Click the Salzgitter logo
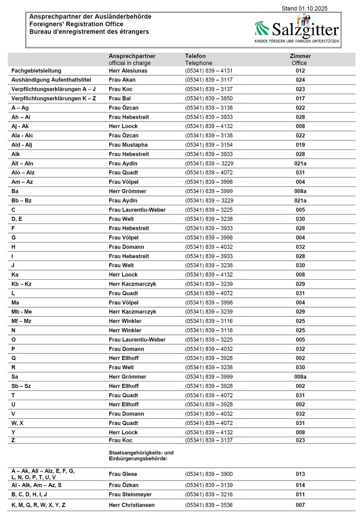(x=297, y=30)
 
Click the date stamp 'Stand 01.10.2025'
(x=304, y=8)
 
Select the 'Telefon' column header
(x=195, y=56)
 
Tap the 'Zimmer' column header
(x=300, y=56)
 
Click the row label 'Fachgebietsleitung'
(x=36, y=71)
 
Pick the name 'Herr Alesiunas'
(x=128, y=71)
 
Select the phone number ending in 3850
(x=209, y=98)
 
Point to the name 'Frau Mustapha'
(x=128, y=145)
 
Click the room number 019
(x=300, y=145)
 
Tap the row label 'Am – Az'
(x=22, y=182)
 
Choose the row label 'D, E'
(x=17, y=219)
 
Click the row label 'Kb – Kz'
(x=21, y=284)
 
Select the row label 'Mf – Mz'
(x=21, y=321)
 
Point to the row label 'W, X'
(x=18, y=423)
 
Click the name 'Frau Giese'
(x=123, y=474)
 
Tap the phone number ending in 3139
(x=209, y=485)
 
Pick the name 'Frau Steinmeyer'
(x=130, y=494)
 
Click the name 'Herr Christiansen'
(x=132, y=505)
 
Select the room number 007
(x=300, y=505)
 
